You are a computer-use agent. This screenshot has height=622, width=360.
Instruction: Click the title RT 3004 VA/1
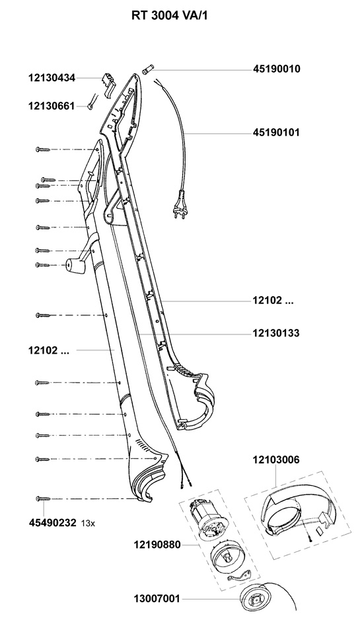click(x=169, y=15)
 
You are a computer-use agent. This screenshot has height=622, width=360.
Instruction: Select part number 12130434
click(x=52, y=78)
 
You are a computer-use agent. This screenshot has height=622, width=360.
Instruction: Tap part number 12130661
click(x=52, y=106)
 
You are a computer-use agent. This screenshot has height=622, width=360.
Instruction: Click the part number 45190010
click(x=277, y=69)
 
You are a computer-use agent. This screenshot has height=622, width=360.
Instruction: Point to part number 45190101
click(x=276, y=132)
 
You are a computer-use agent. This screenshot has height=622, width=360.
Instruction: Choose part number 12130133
click(x=276, y=333)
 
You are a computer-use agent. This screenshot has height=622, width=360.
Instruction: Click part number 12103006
click(x=276, y=460)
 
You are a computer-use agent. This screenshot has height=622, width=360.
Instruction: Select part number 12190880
click(x=157, y=545)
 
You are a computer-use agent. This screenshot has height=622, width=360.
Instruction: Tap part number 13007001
click(x=157, y=599)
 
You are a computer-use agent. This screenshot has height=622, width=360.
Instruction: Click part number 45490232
click(x=52, y=523)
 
